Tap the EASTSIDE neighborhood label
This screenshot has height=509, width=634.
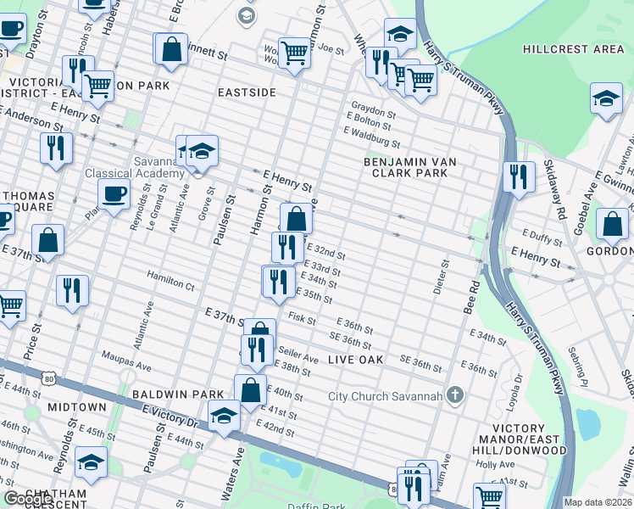[x=247, y=91]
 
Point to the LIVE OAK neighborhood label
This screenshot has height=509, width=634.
[x=356, y=360]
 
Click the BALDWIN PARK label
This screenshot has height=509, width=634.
[x=178, y=394]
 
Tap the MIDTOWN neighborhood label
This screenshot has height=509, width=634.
[x=76, y=407]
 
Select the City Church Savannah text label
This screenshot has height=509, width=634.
[x=386, y=396]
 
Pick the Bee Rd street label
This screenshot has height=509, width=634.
[x=472, y=303]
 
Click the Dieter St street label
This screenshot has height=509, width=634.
[x=439, y=278]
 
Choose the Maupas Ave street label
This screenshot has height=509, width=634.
[x=125, y=361]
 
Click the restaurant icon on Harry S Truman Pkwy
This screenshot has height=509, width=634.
[x=518, y=176]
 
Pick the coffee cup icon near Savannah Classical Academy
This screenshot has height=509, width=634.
[x=114, y=194]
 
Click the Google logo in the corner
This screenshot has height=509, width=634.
[x=27, y=499]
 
